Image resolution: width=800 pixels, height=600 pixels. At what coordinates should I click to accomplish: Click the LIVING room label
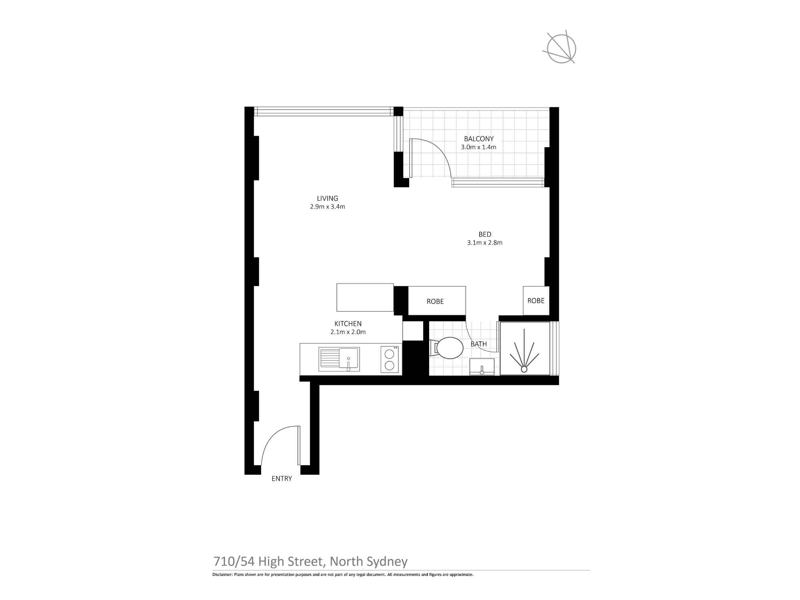[327, 198]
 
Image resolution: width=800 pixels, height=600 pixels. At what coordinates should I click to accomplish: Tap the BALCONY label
[478, 139]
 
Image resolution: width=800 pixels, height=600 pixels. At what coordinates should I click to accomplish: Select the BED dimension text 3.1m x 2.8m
[484, 242]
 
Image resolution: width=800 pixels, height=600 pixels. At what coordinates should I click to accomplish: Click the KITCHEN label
[348, 324]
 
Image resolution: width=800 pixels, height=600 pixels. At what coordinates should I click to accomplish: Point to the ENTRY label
[282, 478]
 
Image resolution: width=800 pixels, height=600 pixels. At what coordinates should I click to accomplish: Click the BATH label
[478, 344]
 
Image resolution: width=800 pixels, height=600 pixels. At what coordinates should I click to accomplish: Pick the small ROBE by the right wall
[536, 301]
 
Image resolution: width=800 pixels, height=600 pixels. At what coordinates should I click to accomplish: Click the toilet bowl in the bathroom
[450, 348]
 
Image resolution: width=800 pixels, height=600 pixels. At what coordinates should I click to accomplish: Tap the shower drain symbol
[524, 369]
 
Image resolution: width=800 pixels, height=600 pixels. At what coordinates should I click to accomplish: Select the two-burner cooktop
[389, 359]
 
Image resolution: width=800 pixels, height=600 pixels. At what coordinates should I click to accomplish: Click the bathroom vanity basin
[482, 367]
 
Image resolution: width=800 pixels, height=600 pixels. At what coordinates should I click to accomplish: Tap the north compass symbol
[562, 48]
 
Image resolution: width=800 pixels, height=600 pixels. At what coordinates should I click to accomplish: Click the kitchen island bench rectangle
[365, 297]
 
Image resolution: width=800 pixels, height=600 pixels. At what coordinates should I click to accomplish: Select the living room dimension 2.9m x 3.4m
[327, 207]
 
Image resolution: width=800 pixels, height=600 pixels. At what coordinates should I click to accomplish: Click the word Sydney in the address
[386, 562]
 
